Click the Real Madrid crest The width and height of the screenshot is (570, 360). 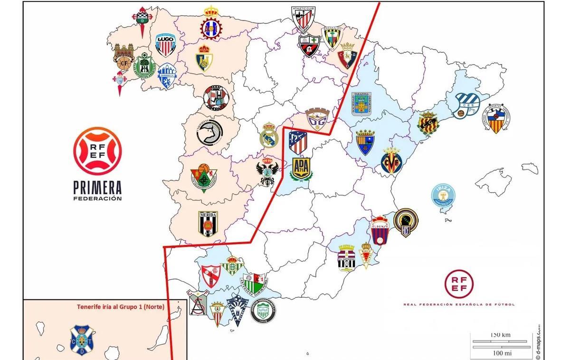(268, 135)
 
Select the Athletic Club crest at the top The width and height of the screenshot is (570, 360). (304, 19)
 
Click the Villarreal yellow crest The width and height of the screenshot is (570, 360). (391, 161)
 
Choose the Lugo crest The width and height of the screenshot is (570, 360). (166, 45)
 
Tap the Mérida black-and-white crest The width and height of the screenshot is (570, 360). (208, 223)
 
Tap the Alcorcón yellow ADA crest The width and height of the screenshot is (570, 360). (301, 169)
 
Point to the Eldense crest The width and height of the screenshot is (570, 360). (380, 230)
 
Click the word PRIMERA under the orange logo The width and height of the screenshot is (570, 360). (97, 187)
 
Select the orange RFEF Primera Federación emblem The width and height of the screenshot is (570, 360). (97, 150)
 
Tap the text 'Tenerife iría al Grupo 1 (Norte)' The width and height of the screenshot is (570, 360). (121, 307)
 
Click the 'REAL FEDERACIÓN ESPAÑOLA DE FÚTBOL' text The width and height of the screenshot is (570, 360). (458, 304)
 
